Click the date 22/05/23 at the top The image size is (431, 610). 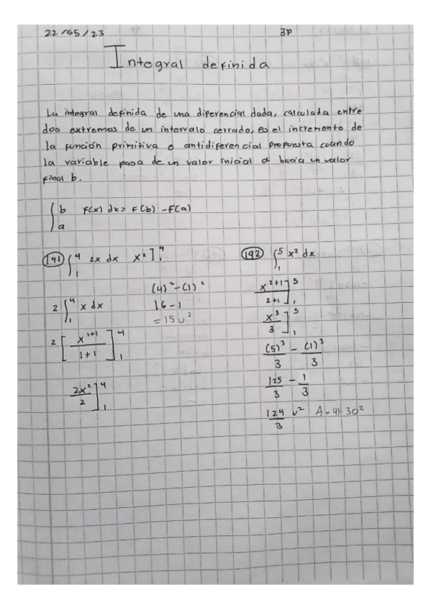[x=74, y=33]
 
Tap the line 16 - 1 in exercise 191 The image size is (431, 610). [x=167, y=304]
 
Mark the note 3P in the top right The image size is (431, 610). [x=283, y=32]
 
